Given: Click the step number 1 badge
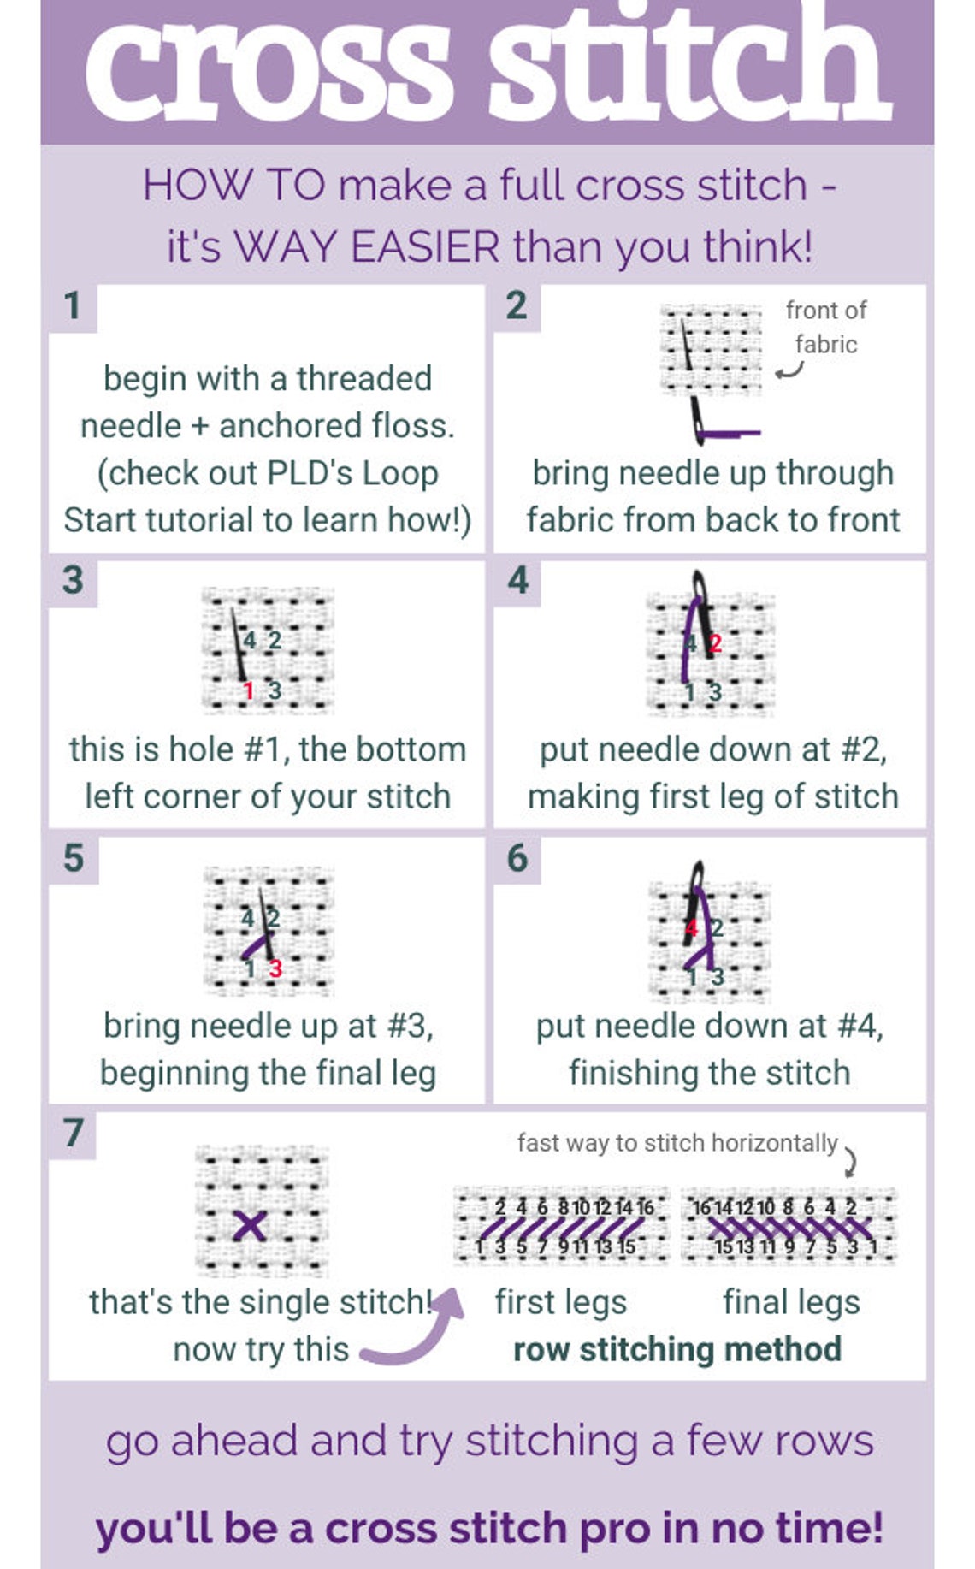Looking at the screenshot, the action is click(73, 307).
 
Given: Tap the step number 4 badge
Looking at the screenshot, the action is click(517, 582).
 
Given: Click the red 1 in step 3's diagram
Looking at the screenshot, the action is click(248, 690).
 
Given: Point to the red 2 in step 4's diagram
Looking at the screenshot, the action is click(715, 643).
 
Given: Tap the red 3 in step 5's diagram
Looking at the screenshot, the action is click(275, 968).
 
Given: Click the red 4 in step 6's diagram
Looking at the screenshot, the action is click(691, 928).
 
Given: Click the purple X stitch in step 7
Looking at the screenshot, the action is click(250, 1226).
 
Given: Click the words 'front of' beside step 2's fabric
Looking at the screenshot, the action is click(826, 310).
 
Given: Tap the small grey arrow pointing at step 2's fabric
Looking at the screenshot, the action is click(790, 370).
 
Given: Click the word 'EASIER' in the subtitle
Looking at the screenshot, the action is click(425, 247).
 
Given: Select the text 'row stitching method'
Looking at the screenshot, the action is click(677, 1349).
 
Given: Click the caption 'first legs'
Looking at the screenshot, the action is click(561, 1303).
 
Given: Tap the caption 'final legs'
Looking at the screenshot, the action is click(791, 1303).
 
